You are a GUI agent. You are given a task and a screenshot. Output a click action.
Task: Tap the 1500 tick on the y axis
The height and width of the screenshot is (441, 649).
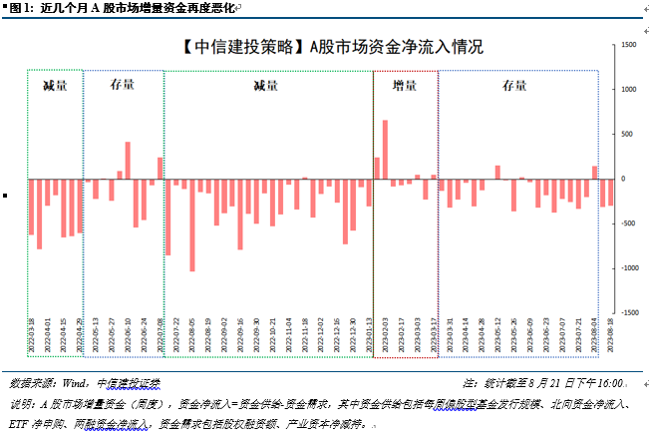tap(629, 46)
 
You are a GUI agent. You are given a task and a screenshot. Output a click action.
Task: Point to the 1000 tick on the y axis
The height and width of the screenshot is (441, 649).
tap(629, 90)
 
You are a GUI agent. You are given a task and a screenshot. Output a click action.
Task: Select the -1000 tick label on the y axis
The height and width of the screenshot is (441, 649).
tap(628, 268)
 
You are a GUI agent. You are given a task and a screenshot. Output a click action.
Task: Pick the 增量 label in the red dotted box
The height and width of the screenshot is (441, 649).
tap(404, 86)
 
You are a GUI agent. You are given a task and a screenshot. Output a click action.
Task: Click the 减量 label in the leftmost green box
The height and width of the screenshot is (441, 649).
tap(55, 86)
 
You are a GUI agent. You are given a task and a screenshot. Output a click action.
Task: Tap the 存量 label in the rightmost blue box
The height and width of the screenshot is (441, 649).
tap(514, 86)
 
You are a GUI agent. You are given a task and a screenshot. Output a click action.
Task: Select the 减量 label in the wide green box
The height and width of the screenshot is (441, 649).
tap(265, 86)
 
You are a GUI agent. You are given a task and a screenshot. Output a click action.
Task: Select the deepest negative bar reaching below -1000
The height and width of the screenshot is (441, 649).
tap(191, 224)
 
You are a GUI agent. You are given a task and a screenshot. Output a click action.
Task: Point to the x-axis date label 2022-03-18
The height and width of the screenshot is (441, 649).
tap(31, 333)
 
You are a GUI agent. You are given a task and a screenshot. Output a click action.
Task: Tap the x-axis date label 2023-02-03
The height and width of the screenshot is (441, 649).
tap(386, 333)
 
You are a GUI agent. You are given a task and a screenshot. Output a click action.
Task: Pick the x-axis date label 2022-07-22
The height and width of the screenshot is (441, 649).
tap(176, 333)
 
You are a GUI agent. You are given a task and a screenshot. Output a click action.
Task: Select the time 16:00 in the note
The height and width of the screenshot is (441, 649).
tap(608, 383)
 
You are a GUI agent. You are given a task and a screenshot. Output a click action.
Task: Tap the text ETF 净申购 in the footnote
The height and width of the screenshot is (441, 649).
tap(32, 424)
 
